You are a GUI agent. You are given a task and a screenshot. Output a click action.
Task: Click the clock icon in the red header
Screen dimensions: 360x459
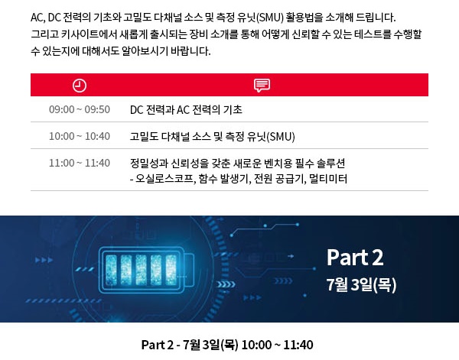pyautogui.click(x=80, y=85)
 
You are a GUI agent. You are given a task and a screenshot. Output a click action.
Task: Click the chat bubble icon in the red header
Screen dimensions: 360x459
pyautogui.click(x=262, y=85)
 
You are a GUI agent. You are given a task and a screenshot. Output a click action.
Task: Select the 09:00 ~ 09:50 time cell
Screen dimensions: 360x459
pyautogui.click(x=80, y=109)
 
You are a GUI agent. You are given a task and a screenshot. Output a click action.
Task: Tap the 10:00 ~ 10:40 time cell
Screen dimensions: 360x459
pyautogui.click(x=80, y=136)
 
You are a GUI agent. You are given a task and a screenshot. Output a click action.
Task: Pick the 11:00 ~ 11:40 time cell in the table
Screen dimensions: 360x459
pyautogui.click(x=80, y=163)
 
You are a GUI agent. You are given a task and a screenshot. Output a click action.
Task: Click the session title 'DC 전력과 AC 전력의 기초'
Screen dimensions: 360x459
pyautogui.click(x=187, y=109)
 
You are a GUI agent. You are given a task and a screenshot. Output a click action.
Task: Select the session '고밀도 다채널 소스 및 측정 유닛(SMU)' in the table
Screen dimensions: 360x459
pyautogui.click(x=212, y=136)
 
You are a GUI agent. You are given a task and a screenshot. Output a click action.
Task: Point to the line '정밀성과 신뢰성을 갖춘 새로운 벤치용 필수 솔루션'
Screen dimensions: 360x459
pyautogui.click(x=238, y=164)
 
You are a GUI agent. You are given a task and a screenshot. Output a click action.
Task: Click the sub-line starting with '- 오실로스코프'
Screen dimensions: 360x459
pyautogui.click(x=239, y=178)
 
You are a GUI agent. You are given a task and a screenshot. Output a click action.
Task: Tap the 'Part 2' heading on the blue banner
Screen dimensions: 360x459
pyautogui.click(x=354, y=257)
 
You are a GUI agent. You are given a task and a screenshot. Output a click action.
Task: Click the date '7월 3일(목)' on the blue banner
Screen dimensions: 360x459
pyautogui.click(x=361, y=285)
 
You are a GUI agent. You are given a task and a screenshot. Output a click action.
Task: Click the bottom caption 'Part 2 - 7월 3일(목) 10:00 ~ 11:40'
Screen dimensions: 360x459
pyautogui.click(x=227, y=345)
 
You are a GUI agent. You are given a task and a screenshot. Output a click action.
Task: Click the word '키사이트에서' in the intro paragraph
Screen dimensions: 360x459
pyautogui.click(x=80, y=34)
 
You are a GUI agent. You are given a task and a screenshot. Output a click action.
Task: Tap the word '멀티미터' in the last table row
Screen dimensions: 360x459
pyautogui.click(x=330, y=178)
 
